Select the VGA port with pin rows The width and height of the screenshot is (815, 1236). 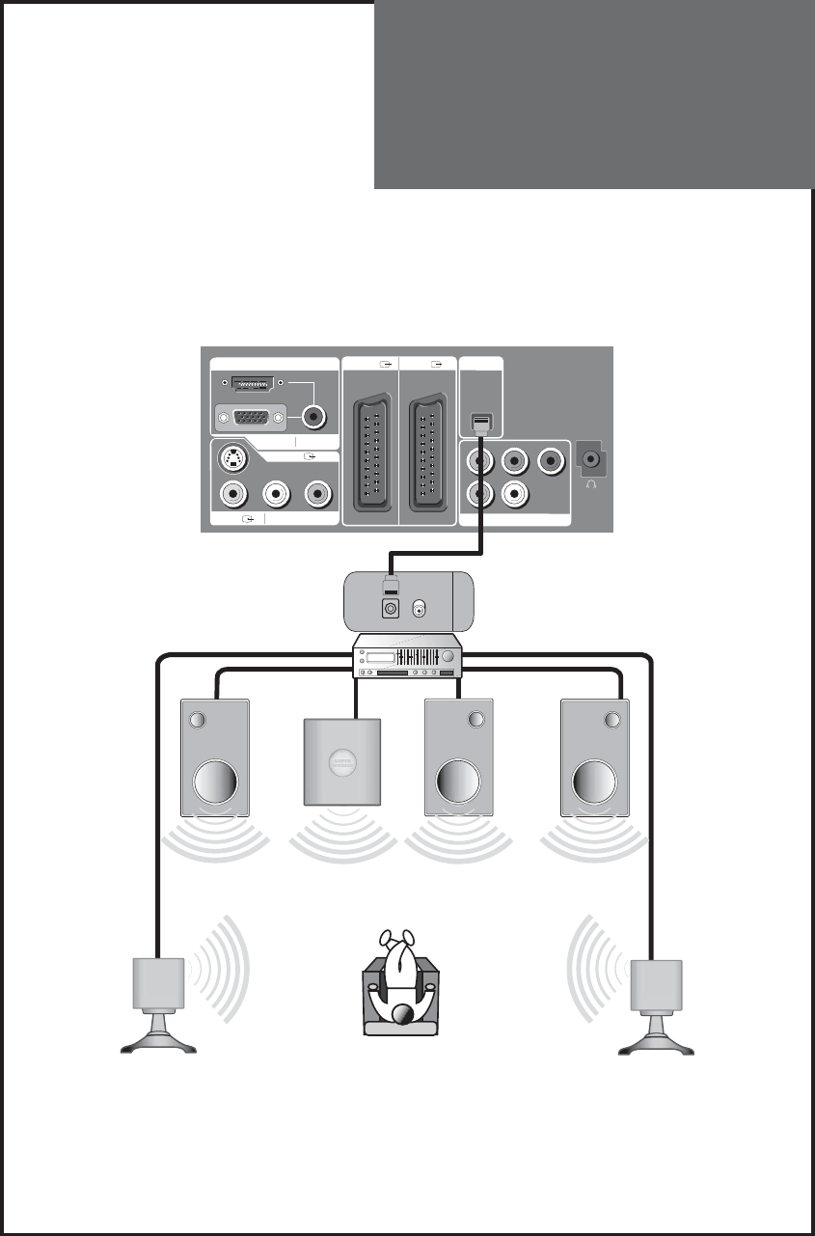pos(250,418)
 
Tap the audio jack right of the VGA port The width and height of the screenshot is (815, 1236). pos(314,418)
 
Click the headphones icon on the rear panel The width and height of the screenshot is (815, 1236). pos(590,486)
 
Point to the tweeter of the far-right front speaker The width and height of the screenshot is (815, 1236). pos(611,720)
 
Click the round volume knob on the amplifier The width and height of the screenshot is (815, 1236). pos(448,656)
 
